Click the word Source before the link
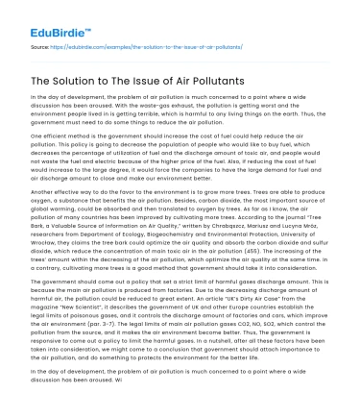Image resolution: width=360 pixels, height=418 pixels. [37, 43]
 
